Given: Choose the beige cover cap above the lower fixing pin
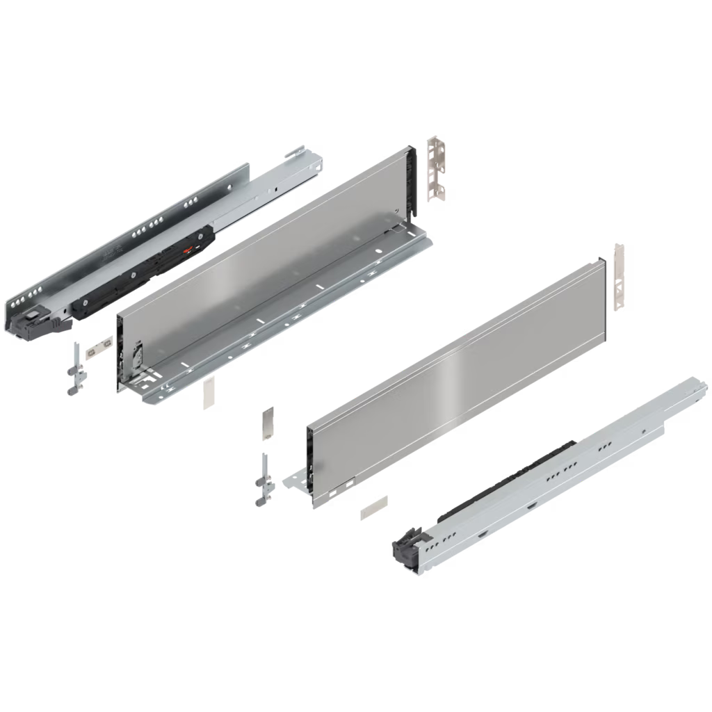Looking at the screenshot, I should (x=268, y=423).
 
